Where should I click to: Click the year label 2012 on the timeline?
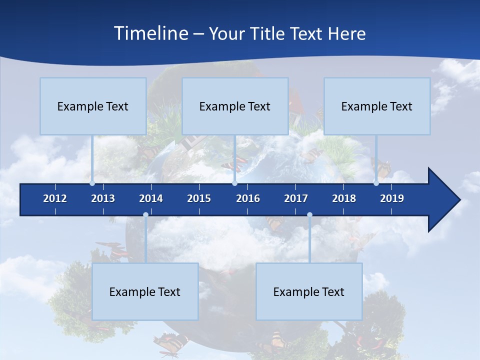(x=55, y=198)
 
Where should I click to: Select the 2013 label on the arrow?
(x=103, y=198)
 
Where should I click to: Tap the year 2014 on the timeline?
(x=151, y=198)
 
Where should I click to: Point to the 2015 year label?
(x=199, y=198)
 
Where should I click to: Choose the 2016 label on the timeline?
(x=248, y=198)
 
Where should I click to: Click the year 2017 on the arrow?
(x=296, y=198)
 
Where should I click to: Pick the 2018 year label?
(x=344, y=198)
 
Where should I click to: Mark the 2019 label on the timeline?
(x=392, y=198)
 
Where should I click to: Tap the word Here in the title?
(x=347, y=34)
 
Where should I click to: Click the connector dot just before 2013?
(x=92, y=183)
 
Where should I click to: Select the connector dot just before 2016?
(x=234, y=183)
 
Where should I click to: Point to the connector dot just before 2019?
(x=376, y=183)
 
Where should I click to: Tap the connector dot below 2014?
(x=145, y=215)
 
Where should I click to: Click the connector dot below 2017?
(x=309, y=215)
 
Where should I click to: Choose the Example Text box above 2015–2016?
(x=235, y=106)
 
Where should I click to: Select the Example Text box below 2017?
(x=309, y=291)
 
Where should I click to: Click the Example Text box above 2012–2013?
(x=93, y=106)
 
